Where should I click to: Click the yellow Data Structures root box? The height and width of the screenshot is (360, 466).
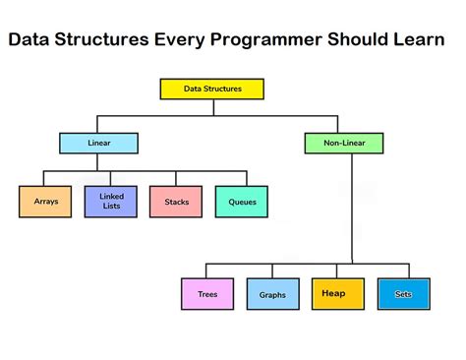(212, 89)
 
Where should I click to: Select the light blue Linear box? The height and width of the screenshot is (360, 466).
(99, 144)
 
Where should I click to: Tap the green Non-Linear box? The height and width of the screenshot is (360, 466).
(344, 144)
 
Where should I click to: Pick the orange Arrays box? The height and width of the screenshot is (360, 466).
(45, 202)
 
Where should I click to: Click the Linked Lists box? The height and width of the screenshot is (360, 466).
(110, 202)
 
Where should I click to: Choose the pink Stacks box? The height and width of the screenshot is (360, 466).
(176, 202)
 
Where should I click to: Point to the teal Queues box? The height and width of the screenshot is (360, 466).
(242, 202)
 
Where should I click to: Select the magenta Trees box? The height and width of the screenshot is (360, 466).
(207, 294)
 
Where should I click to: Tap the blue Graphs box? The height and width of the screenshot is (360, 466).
(272, 294)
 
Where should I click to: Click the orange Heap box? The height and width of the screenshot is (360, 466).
(334, 293)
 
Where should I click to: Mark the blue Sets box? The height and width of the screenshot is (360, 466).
(403, 293)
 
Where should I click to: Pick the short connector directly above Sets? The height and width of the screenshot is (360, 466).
(407, 271)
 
